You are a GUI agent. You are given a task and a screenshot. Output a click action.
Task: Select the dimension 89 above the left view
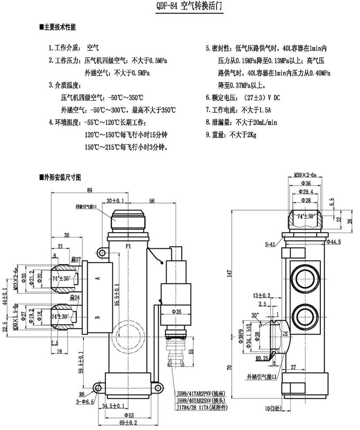pyautogui.click(x=90, y=190)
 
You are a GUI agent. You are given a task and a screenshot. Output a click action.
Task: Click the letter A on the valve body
pyautogui.click(x=98, y=278)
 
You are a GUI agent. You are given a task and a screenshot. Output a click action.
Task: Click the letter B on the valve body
pyautogui.click(x=98, y=317)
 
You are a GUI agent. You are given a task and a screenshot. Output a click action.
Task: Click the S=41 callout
pyautogui.click(x=270, y=245)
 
